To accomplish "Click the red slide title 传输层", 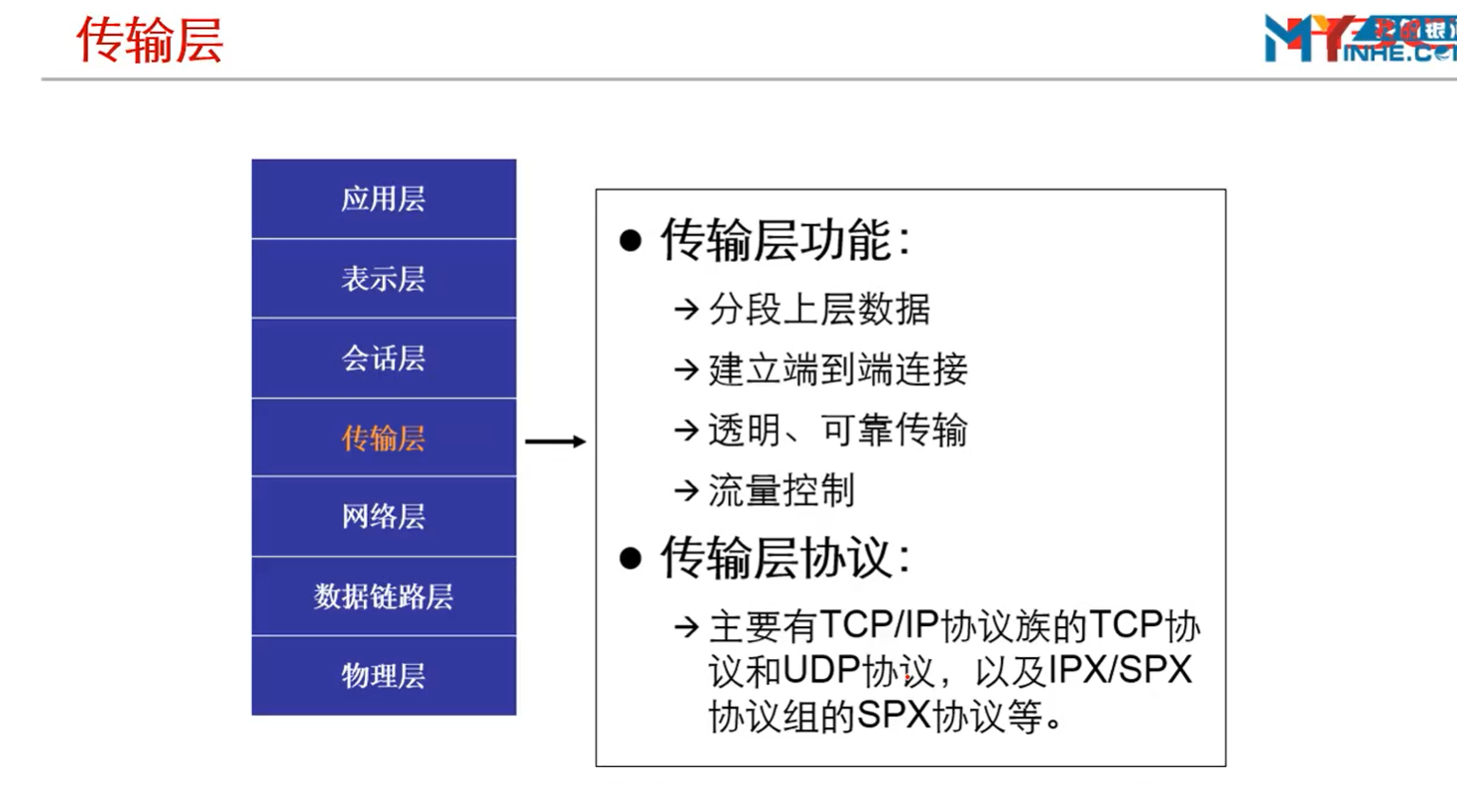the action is coord(150,41).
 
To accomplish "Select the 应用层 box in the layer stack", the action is coord(384,198).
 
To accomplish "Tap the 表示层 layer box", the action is coord(384,279).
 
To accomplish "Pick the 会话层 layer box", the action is coord(384,358).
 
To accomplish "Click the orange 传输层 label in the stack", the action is coord(384,438).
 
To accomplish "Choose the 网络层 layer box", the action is coord(384,517).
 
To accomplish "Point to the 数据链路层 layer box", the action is coord(384,596).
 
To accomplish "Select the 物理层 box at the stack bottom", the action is coord(384,676).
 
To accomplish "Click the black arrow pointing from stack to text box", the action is coord(555,442).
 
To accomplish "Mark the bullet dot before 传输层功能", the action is coord(630,241).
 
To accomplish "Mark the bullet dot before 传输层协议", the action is coord(630,559).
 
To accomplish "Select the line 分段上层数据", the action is coord(819,309).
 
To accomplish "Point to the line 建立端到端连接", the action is coord(838,370).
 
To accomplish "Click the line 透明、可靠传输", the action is coord(838,431).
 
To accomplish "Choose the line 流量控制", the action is coord(782,490).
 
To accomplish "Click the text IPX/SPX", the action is coord(1120,670).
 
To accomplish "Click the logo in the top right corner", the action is coord(1360,39).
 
